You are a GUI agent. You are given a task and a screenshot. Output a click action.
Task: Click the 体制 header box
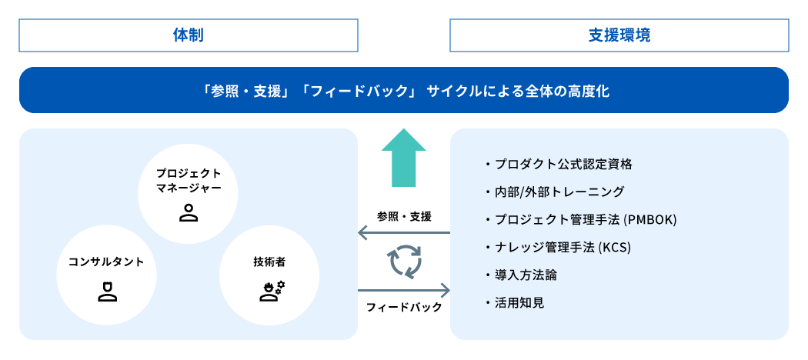point(189,35)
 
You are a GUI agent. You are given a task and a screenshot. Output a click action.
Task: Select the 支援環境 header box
point(619,35)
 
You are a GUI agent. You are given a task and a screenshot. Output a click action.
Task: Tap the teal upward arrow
point(403,158)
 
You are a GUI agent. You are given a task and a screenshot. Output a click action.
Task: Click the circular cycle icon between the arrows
point(406,262)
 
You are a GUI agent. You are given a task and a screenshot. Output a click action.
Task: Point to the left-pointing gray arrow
point(404,232)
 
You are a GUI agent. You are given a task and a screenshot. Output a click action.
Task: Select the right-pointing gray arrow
point(404,291)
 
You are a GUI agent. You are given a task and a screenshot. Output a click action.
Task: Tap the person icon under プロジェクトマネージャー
point(189,212)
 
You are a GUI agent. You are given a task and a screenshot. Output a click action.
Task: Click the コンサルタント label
point(106,262)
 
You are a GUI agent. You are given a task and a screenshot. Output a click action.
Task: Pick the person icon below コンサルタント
point(107,292)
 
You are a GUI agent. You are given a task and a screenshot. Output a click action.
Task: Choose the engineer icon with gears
point(272,291)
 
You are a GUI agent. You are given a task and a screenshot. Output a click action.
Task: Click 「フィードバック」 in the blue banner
point(359,91)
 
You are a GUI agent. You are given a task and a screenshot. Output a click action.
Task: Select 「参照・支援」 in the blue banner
point(246,91)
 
